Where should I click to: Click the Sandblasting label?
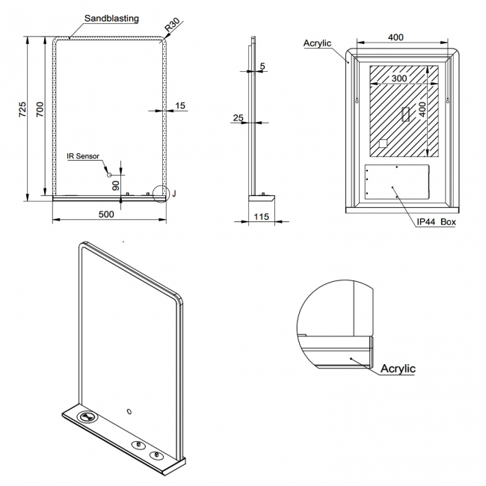click(x=111, y=19)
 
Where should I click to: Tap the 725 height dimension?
click(x=22, y=111)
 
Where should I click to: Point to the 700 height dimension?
click(x=41, y=111)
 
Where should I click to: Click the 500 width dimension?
click(x=106, y=215)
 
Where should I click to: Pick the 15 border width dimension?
click(x=180, y=106)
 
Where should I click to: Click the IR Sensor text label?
click(x=82, y=156)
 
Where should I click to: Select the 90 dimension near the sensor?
click(x=116, y=185)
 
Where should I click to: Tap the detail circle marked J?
click(x=160, y=194)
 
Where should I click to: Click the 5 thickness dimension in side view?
click(x=262, y=67)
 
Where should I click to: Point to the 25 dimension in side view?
click(x=239, y=118)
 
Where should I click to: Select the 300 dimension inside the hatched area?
click(x=399, y=78)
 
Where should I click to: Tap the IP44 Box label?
click(x=437, y=222)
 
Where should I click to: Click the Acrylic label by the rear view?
click(x=317, y=43)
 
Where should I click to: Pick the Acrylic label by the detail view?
click(x=398, y=369)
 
